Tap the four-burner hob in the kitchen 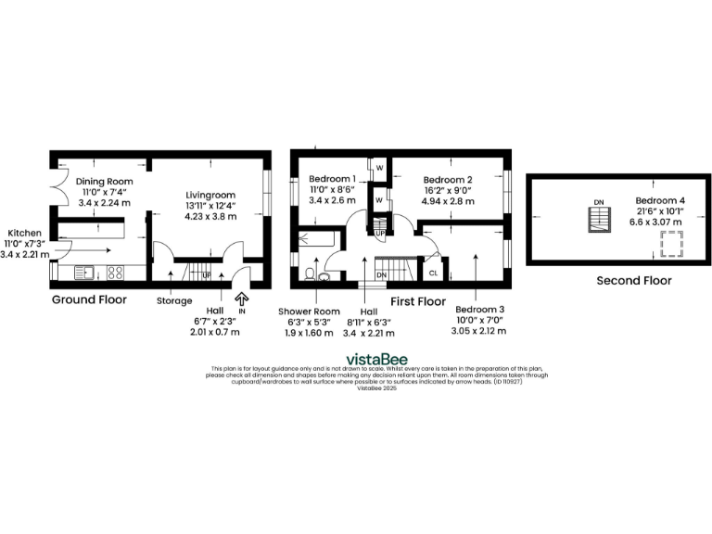pyautogui.click(x=117, y=273)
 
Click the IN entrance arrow pyautogui.click(x=243, y=299)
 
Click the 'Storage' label pyautogui.click(x=174, y=300)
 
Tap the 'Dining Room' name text pyautogui.click(x=105, y=182)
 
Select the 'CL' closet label pyautogui.click(x=433, y=273)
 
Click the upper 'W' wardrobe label pyautogui.click(x=379, y=168)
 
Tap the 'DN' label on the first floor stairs pyautogui.click(x=381, y=275)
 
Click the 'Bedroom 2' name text pyautogui.click(x=449, y=180)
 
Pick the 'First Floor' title pyautogui.click(x=419, y=301)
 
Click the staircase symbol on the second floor pyautogui.click(x=600, y=220)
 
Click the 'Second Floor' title pyautogui.click(x=634, y=280)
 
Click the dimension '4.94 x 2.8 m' pyautogui.click(x=449, y=201)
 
